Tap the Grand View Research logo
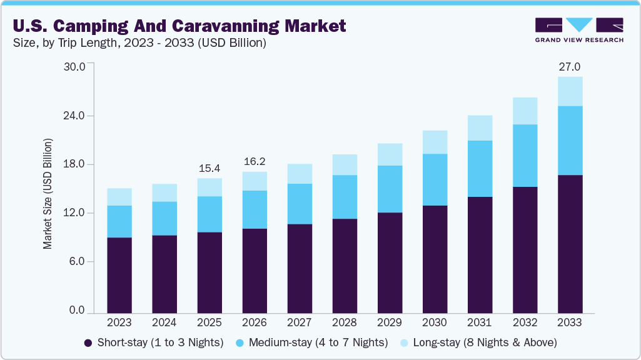[579, 29]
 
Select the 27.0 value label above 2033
[570, 67]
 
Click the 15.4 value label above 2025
[209, 168]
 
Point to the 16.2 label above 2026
[255, 161]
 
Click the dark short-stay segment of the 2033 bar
[570, 244]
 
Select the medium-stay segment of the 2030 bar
[435, 179]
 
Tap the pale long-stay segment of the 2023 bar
[119, 197]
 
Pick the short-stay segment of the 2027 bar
[300, 268]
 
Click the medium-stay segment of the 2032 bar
[525, 156]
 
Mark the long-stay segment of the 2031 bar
[480, 128]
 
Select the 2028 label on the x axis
[345, 323]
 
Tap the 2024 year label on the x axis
[164, 323]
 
